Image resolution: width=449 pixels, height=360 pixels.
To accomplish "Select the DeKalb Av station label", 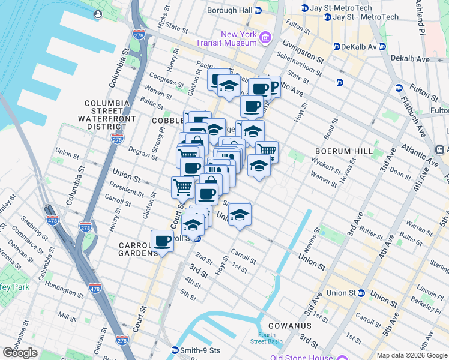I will pyautogui.click(x=359, y=47).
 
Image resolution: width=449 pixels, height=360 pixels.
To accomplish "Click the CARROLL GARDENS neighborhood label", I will pyautogui.click(x=138, y=249).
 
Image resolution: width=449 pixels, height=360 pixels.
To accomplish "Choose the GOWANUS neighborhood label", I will pyautogui.click(x=290, y=325).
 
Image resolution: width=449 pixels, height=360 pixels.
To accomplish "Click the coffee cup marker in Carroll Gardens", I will pyautogui.click(x=162, y=241).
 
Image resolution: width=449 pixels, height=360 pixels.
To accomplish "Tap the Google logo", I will pyautogui.click(x=20, y=353).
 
